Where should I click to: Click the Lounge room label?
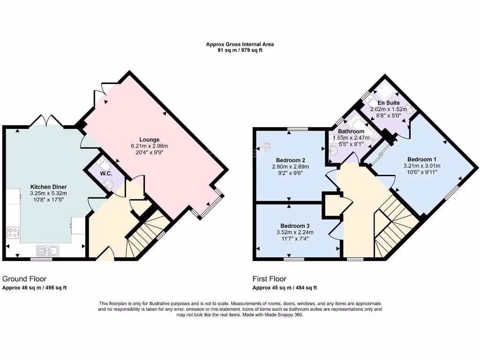[x=149, y=139]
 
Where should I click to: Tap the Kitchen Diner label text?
[x=48, y=187]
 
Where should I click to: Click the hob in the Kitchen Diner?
[x=13, y=232]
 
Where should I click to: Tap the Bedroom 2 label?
[x=291, y=159]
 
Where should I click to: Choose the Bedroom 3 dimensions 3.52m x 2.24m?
[x=293, y=232]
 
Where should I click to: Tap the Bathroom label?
[x=351, y=131]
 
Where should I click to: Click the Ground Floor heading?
[x=24, y=279]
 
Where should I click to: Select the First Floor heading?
[x=269, y=279]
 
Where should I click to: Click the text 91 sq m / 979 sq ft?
[x=240, y=50]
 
